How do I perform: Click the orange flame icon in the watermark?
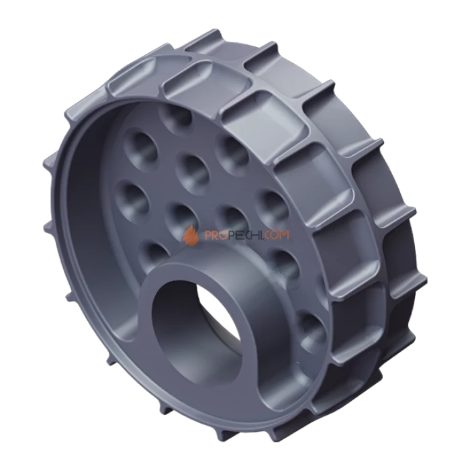(x=191, y=235)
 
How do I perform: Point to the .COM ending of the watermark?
(x=276, y=235)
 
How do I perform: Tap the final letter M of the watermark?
(x=284, y=235)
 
